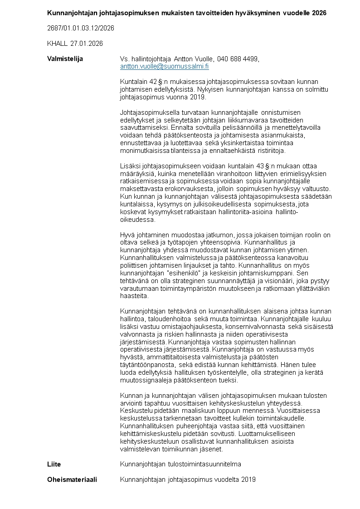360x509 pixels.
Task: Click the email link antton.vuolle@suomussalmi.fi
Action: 164,66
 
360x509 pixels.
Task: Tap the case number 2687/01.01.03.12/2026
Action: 81,28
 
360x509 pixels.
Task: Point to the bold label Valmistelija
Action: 65,59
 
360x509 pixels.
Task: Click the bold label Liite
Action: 54,464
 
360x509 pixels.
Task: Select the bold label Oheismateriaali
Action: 72,480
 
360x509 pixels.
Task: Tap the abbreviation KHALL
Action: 57,44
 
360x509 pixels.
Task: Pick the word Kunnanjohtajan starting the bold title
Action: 69,13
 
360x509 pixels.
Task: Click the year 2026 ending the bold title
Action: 319,13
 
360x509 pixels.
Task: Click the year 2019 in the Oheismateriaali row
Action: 248,480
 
